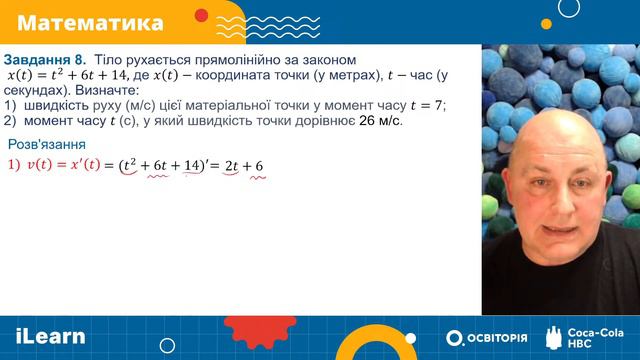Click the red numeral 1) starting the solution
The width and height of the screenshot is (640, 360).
[13, 165]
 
